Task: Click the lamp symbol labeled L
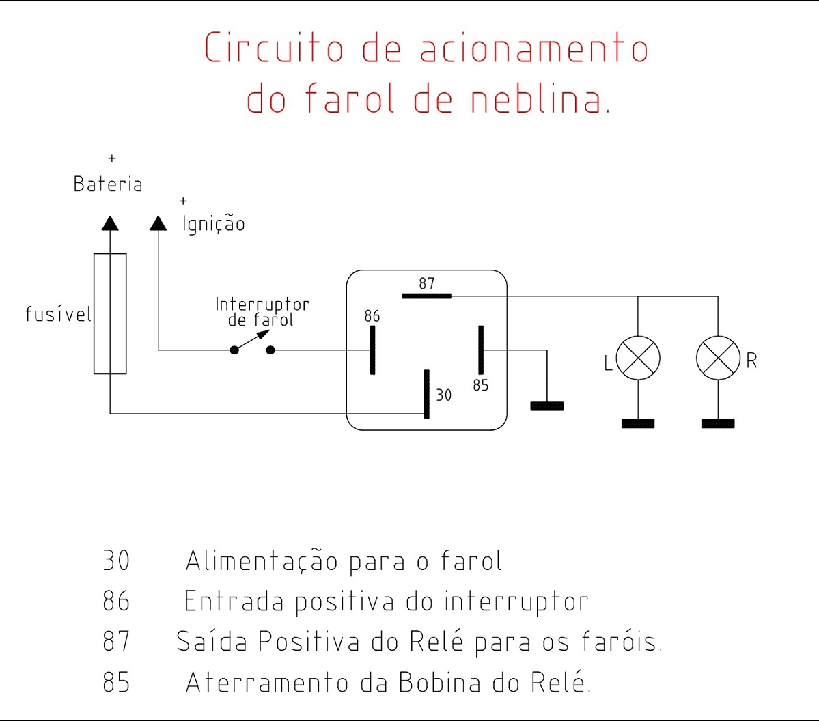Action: pyautogui.click(x=638, y=358)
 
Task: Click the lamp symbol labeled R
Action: pyautogui.click(x=718, y=358)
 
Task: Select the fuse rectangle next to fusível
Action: pyautogui.click(x=110, y=313)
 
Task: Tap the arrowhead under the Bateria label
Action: pyautogui.click(x=110, y=223)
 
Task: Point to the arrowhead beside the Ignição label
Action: pyautogui.click(x=158, y=223)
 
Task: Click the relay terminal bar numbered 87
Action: pyautogui.click(x=427, y=296)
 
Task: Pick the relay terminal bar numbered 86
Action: pyautogui.click(x=372, y=350)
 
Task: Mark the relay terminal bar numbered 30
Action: pyautogui.click(x=427, y=394)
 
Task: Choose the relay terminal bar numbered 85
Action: pyautogui.click(x=481, y=350)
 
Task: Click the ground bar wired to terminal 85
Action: pyautogui.click(x=547, y=406)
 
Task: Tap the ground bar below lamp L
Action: pyautogui.click(x=638, y=424)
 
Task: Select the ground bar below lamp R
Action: pyautogui.click(x=718, y=424)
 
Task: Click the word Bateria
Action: pyautogui.click(x=108, y=184)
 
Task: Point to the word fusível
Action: pyautogui.click(x=58, y=314)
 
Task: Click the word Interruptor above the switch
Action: pyautogui.click(x=262, y=305)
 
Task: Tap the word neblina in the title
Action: pyautogui.click(x=540, y=100)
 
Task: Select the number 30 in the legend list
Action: pyautogui.click(x=116, y=561)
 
